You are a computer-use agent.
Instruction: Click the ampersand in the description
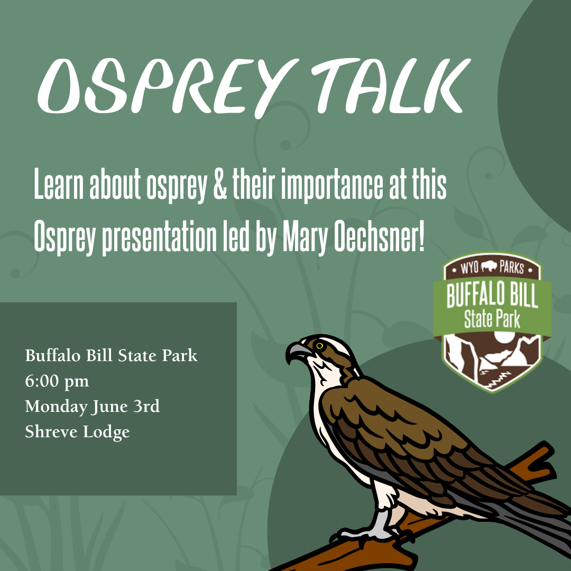point(218,187)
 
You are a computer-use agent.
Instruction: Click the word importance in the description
point(331,187)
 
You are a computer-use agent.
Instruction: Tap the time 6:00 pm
point(57,381)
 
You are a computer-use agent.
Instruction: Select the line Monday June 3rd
point(93,407)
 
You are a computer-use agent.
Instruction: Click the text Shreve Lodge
point(77,432)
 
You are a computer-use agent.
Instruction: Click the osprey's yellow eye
point(319,346)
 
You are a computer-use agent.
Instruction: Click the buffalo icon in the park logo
point(492,268)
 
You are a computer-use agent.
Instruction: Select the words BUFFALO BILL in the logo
point(492,297)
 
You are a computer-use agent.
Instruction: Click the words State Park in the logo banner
point(492,319)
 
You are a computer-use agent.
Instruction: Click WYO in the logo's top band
point(469,268)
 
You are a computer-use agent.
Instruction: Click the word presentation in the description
point(158,239)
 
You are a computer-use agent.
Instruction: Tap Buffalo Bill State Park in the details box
point(111,356)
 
